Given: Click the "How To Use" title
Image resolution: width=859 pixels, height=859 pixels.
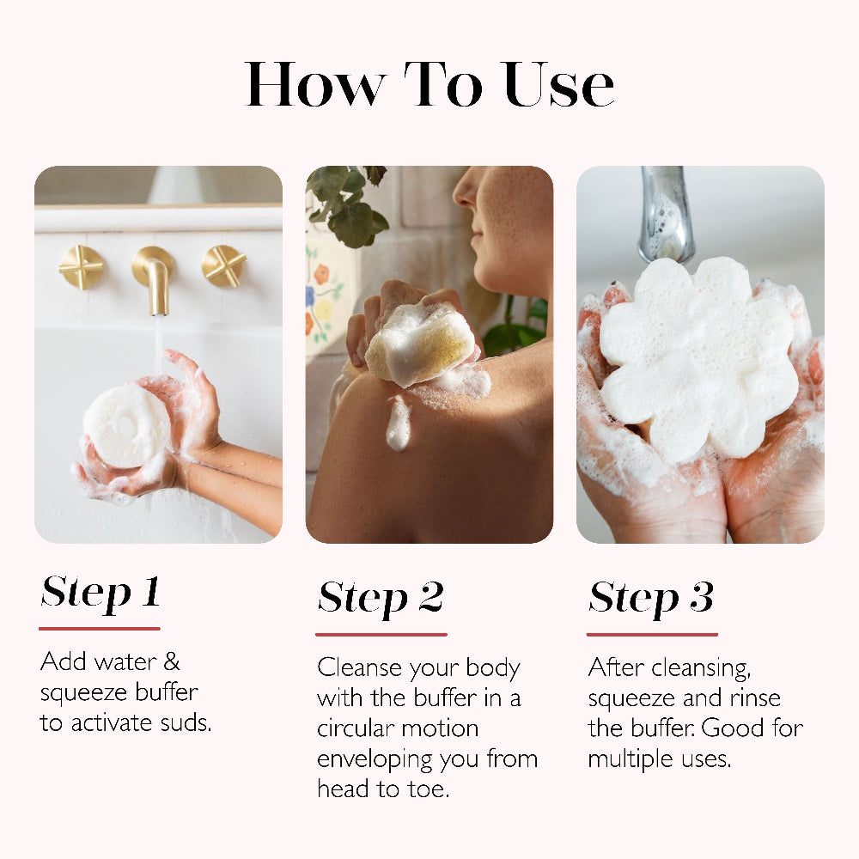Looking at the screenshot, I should (429, 84).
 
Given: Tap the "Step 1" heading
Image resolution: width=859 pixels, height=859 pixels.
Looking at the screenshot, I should (101, 592).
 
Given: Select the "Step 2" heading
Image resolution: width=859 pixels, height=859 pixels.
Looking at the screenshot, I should (381, 598).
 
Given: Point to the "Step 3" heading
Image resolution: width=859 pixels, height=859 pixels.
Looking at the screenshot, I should (651, 598).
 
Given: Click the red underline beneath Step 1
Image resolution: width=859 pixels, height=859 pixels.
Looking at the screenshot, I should (100, 629).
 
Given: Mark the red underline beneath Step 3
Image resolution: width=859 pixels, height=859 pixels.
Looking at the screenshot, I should (652, 635).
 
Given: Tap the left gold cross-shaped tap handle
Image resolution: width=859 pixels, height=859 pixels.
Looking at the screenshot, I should (81, 267).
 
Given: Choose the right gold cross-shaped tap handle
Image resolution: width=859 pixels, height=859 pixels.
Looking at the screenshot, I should (223, 266).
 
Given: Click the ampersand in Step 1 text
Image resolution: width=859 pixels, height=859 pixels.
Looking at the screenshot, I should (171, 661).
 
